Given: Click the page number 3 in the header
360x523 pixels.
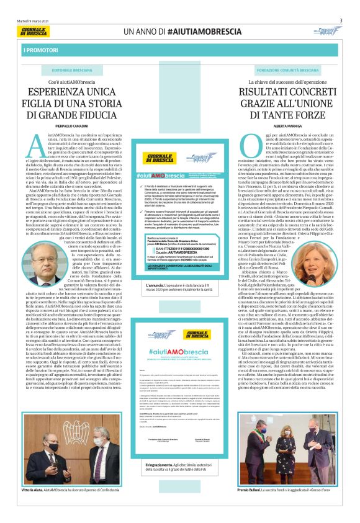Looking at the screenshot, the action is pyautogui.click(x=341, y=20).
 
